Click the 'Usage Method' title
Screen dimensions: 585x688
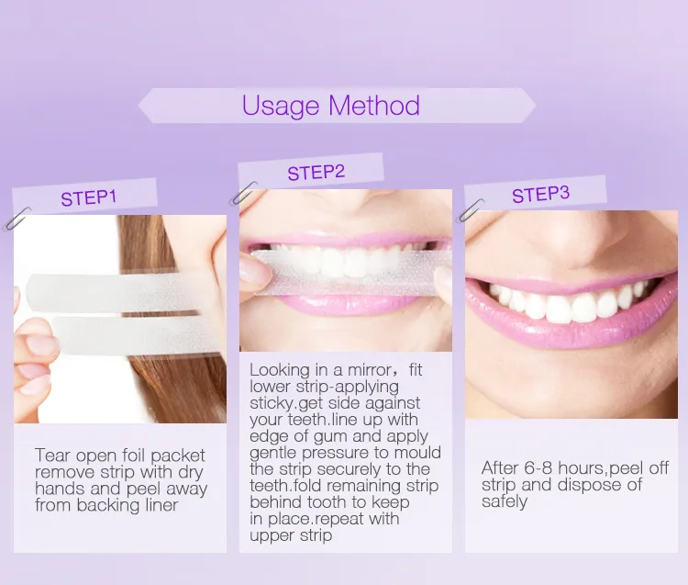330,106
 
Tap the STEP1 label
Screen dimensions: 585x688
89,198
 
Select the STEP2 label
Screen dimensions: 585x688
316,172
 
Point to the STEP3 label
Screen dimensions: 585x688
540,195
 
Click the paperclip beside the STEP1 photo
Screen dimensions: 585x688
17,219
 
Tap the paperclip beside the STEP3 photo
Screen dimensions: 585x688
473,210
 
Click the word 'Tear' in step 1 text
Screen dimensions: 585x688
52,456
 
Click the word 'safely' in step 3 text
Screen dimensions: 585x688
505,501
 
